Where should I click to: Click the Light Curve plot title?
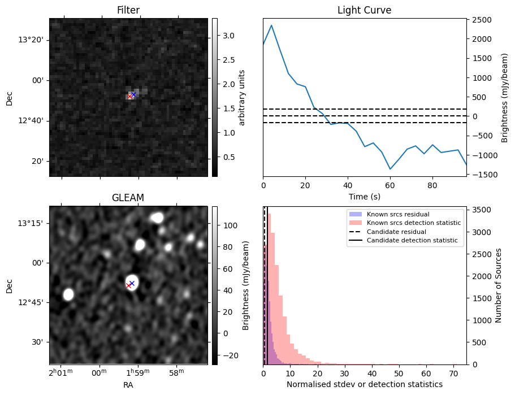[364, 10]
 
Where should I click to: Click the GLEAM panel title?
[128, 198]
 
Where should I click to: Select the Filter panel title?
[128, 10]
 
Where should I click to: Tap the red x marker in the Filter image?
[129, 97]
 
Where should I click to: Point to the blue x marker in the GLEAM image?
[132, 283]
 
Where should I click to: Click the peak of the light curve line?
[272, 25]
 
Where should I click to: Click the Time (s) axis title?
[364, 196]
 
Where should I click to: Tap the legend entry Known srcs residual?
[397, 215]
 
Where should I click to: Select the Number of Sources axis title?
[499, 285]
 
